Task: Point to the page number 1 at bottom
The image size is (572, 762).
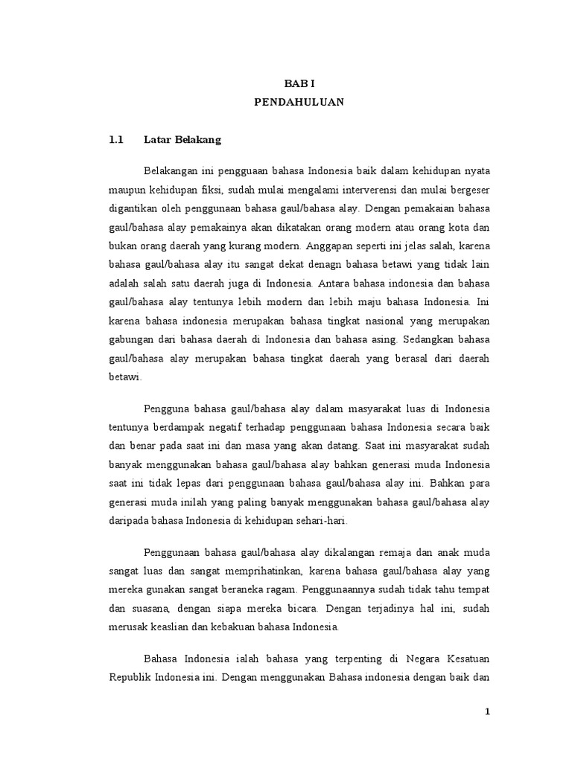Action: tap(488, 711)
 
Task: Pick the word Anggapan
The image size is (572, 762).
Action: tap(334, 246)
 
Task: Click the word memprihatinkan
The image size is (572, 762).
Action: tap(247, 570)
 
